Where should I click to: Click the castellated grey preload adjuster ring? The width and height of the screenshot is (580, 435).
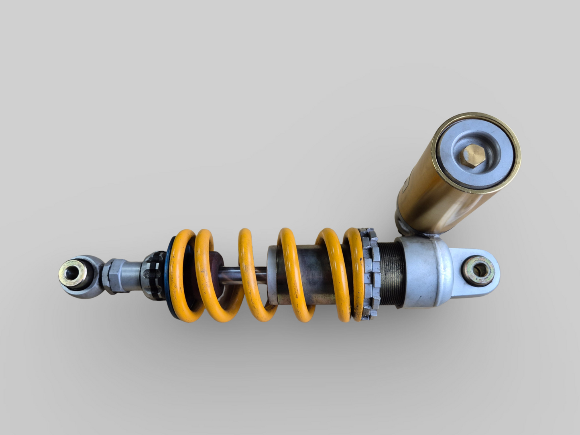click(369, 277)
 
